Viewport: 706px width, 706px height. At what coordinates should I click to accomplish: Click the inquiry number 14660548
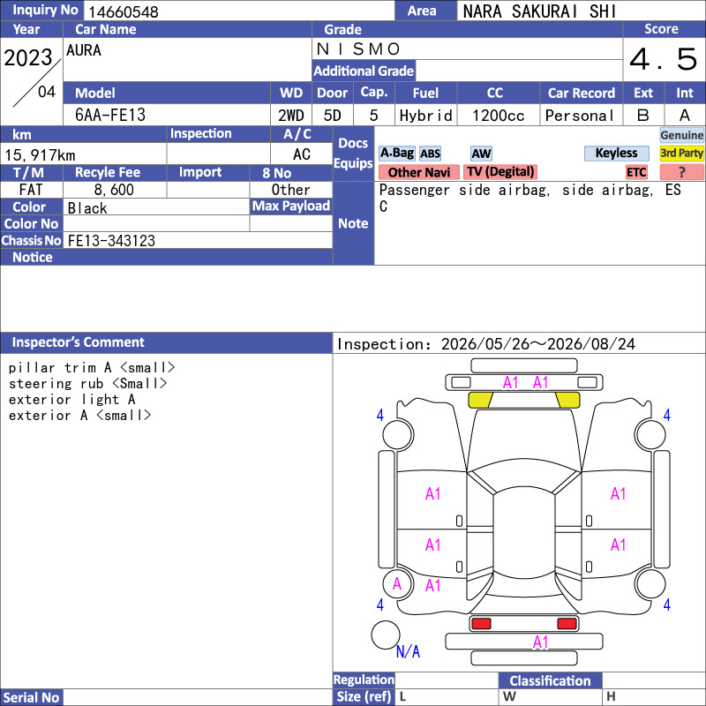pos(124,11)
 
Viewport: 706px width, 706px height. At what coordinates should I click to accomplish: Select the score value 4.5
pos(664,59)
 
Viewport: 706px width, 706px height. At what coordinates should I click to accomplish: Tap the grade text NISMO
pos(358,49)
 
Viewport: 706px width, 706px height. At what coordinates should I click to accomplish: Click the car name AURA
pos(84,50)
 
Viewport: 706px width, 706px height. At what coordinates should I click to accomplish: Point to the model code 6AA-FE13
pos(110,116)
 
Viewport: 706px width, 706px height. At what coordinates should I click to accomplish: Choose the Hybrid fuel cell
pos(425,116)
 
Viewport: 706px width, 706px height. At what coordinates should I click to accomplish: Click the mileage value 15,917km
pos(40,155)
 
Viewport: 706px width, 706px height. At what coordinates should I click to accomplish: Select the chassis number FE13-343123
pos(111,241)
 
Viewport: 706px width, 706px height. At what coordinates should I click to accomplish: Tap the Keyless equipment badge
pos(616,153)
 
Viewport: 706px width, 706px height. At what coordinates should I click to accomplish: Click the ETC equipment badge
pos(636,172)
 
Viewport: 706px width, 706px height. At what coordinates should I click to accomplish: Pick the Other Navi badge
pos(418,172)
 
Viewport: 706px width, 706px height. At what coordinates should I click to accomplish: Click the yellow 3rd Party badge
pos(681,153)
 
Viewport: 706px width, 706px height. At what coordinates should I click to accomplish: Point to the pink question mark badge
pos(681,172)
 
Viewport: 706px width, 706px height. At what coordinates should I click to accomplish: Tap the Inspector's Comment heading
pos(79,342)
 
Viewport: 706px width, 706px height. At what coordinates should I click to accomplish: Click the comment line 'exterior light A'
pos(72,400)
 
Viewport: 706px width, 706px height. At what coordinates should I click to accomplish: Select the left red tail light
pos(481,624)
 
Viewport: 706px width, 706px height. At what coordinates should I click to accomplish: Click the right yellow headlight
pos(567,400)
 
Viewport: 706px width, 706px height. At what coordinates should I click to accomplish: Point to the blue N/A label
pos(408,651)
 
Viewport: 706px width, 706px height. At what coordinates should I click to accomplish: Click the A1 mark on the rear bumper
pos(540,642)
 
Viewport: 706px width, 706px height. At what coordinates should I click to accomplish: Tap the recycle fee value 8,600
pos(114,190)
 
